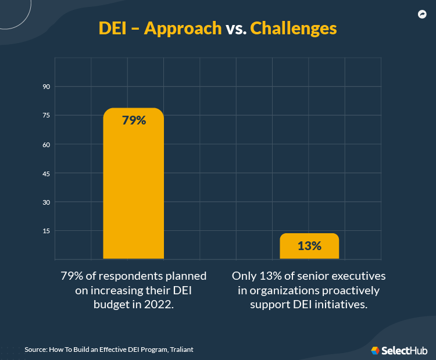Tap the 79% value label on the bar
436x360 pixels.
pyautogui.click(x=133, y=121)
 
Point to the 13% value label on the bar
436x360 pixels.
pyautogui.click(x=309, y=246)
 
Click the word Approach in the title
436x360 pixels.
pyautogui.click(x=183, y=28)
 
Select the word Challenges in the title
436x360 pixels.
pyautogui.click(x=293, y=28)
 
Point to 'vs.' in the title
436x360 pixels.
pyautogui.click(x=235, y=28)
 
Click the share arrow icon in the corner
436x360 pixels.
pyautogui.click(x=422, y=15)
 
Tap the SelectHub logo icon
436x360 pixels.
pyautogui.click(x=376, y=350)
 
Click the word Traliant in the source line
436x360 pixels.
pyautogui.click(x=182, y=350)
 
